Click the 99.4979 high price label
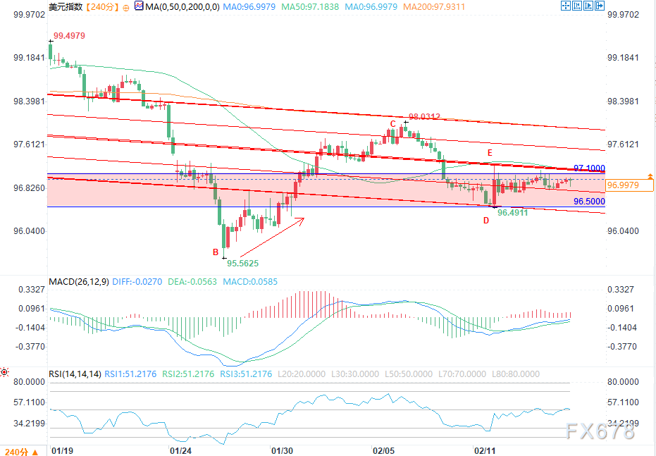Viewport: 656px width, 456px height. click(x=70, y=35)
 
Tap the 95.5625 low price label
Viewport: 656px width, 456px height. click(x=242, y=264)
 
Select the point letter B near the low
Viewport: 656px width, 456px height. click(x=216, y=252)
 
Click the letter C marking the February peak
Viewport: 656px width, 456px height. click(x=393, y=123)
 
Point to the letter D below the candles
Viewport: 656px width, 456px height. click(x=485, y=221)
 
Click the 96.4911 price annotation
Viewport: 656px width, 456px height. click(x=512, y=211)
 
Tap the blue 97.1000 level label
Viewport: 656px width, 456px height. click(x=590, y=168)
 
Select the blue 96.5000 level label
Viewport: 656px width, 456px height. click(x=589, y=202)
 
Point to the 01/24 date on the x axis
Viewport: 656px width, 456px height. click(x=182, y=450)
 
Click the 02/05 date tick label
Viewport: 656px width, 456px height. click(x=383, y=450)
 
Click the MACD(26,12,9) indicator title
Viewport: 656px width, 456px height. click(x=79, y=282)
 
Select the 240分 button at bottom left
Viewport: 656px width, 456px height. click(x=18, y=450)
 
